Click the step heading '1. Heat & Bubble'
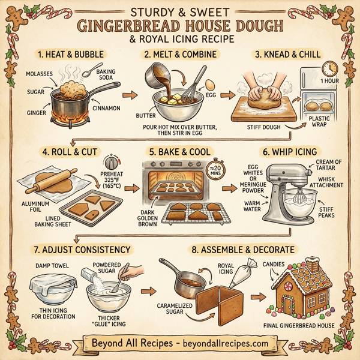tap(71, 55)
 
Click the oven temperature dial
tap(110, 162)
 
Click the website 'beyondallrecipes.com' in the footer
tap(223, 343)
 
